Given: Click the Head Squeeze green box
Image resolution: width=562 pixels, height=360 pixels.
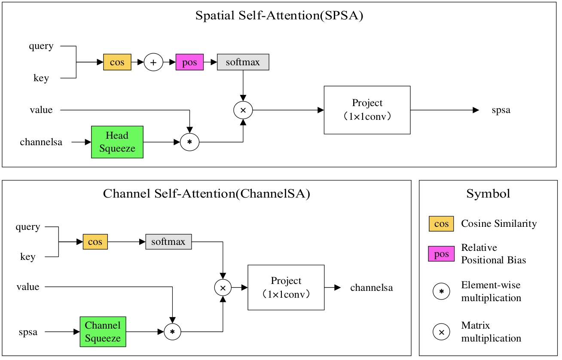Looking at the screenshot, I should [117, 142].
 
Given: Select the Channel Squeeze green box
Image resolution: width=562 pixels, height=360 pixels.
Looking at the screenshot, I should [103, 332].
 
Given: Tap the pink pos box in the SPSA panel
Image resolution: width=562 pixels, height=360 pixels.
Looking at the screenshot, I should [189, 62].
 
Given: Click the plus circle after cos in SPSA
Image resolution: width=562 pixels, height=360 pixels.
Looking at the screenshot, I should [153, 62].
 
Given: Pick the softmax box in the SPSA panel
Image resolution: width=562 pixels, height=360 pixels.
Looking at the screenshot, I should [243, 62].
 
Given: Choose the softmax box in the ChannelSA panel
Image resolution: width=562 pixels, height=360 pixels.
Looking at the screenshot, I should [168, 241].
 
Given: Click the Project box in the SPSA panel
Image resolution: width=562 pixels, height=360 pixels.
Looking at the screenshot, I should [367, 110].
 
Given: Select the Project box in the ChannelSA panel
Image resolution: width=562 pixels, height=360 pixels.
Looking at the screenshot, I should [286, 287].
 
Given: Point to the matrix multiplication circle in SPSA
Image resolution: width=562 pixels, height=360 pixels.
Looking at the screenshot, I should [243, 110].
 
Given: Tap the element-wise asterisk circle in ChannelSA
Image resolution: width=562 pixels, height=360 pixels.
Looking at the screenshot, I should [172, 332].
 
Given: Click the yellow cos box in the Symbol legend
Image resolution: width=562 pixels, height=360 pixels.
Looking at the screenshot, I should [441, 224].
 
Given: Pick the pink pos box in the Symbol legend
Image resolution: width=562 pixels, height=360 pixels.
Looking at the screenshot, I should [441, 254].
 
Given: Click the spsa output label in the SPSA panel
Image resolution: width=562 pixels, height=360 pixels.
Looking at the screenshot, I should [501, 110].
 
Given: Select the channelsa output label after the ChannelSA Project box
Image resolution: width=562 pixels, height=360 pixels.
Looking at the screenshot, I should [372, 288].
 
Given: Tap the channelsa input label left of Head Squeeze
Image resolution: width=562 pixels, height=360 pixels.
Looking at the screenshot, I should [41, 142].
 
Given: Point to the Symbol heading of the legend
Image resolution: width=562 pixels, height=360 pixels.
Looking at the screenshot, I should [488, 194].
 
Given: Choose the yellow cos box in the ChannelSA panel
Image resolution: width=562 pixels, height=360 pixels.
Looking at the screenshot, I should [95, 242].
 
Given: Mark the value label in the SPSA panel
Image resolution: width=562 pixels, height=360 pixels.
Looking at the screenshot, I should [41, 110].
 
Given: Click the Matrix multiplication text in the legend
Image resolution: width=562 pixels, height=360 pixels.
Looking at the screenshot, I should [491, 332].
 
